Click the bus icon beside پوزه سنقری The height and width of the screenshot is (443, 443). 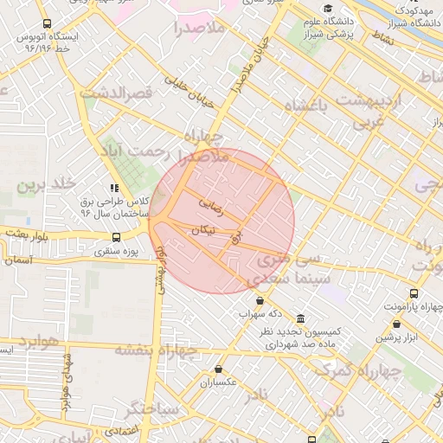tap(117, 237)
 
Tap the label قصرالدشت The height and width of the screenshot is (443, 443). tap(116, 91)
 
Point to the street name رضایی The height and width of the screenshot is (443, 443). tap(211, 206)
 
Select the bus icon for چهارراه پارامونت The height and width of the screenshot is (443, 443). tap(414, 294)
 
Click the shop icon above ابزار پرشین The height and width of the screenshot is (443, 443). tap(396, 324)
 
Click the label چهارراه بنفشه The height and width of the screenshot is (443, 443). tap(156, 350)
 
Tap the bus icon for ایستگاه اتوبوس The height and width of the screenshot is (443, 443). tap(46, 24)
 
